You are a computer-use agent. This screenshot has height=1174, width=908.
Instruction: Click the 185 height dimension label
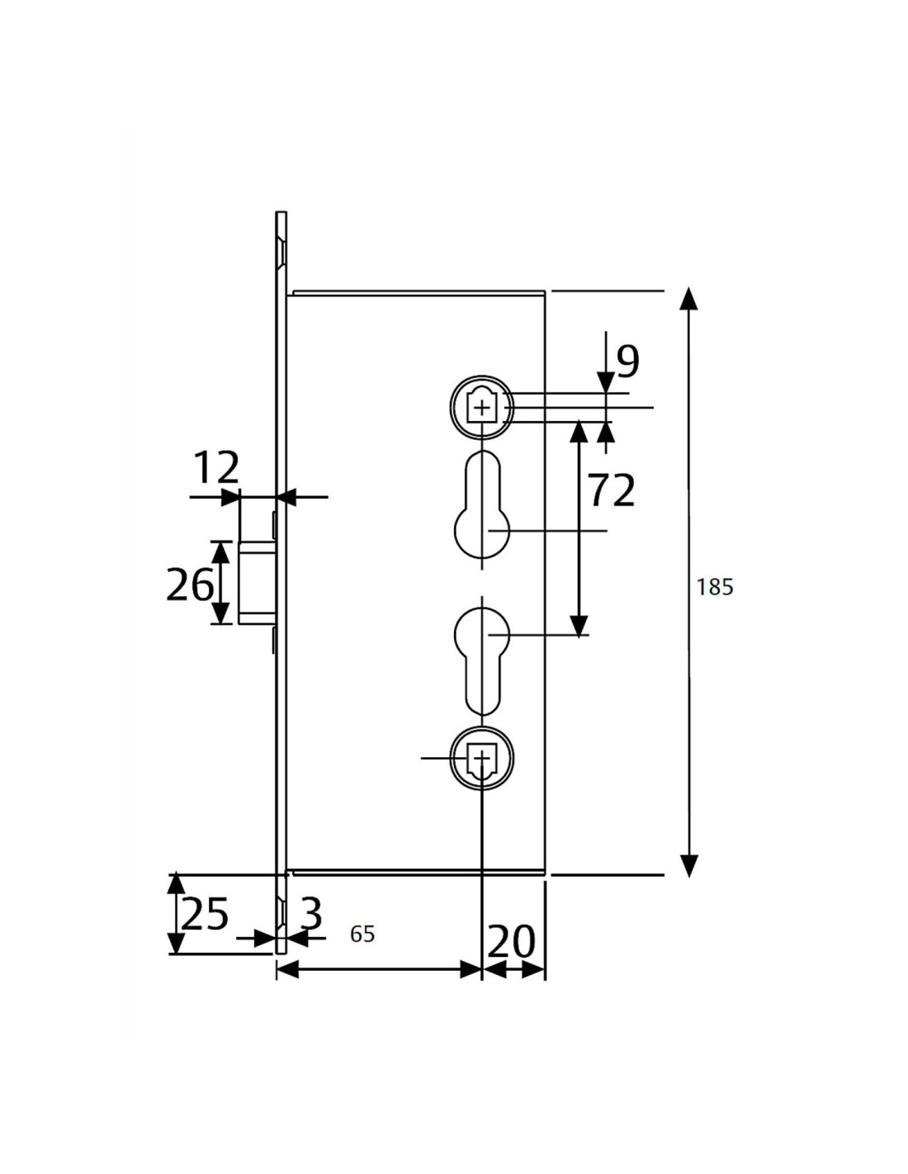click(714, 587)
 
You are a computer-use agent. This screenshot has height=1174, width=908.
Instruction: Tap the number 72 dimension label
click(611, 490)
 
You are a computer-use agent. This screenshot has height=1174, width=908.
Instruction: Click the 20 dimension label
click(511, 941)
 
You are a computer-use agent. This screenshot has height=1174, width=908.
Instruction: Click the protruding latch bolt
click(257, 582)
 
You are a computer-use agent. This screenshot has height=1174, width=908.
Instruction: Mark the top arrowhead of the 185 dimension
click(688, 299)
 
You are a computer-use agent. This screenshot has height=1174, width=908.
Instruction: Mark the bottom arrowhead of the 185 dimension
click(688, 867)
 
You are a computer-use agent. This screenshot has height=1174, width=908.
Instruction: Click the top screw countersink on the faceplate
click(281, 251)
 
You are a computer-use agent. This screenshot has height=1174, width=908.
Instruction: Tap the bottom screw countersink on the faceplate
click(281, 914)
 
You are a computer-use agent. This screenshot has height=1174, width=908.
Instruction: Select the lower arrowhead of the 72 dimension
click(579, 626)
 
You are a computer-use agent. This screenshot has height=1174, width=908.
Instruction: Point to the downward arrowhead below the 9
click(606, 382)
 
